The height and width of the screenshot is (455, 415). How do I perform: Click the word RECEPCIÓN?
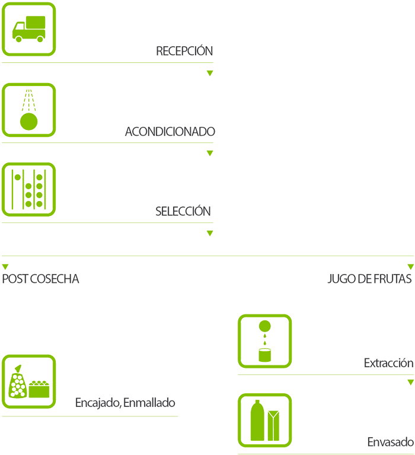coord(184,51)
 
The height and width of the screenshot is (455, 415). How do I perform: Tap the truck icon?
coord(29,29)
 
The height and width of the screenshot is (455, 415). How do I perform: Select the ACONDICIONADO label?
coord(170,132)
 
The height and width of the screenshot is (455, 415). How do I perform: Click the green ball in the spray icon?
coord(28,122)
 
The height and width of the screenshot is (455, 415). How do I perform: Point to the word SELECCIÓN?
coord(183,211)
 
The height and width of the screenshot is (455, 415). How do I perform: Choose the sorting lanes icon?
coord(29,189)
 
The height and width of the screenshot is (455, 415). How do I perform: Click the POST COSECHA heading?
coord(40,279)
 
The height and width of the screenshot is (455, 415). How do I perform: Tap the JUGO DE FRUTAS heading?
coord(369,279)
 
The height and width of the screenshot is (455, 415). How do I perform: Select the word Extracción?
coord(388,363)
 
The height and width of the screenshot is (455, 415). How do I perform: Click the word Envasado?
coord(390,443)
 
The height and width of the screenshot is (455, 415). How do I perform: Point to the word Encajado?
coord(97,403)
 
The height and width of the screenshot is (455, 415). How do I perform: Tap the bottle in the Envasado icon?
coord(257,421)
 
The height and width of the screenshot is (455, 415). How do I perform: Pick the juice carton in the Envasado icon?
coord(273,425)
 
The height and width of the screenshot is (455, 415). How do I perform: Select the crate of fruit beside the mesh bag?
coord(40,389)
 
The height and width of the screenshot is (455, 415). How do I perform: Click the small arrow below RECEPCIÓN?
coord(209,73)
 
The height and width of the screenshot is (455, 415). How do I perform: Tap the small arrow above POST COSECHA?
coord(5,267)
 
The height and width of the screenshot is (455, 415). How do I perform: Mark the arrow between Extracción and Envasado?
coord(410,383)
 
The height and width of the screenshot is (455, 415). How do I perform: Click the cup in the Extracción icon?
coord(265,355)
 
